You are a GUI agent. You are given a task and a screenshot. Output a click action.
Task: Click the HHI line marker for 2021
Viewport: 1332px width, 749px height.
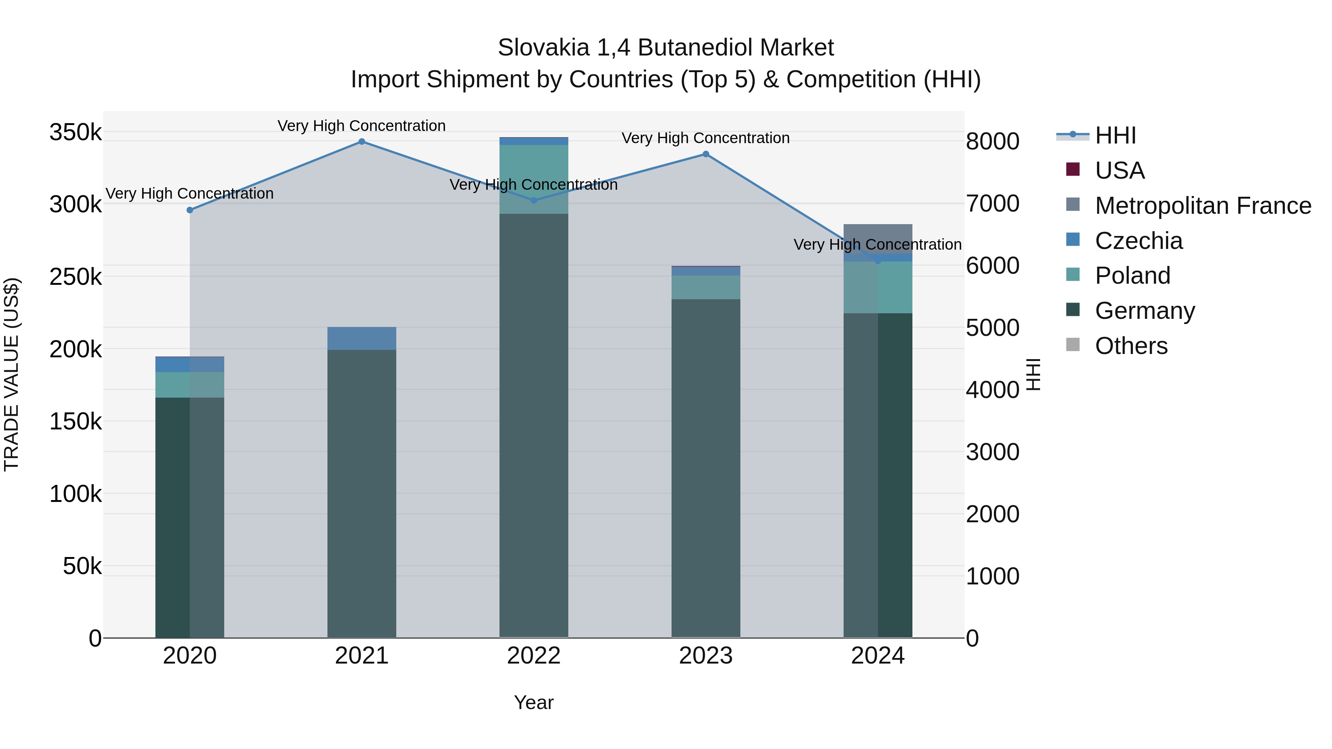point(361,142)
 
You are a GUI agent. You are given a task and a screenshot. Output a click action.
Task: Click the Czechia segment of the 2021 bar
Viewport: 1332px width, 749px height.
point(361,338)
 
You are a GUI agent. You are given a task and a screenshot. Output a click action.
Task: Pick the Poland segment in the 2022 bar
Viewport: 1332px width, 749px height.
point(534,179)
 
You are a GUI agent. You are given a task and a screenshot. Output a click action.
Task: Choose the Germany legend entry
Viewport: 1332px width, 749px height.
point(1144,311)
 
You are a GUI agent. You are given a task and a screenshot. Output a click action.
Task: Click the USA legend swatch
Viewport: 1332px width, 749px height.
point(1073,169)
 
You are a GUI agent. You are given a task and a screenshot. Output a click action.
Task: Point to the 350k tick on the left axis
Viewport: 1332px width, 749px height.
point(75,132)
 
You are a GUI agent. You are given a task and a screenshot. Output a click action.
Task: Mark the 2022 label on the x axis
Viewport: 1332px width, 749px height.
point(534,656)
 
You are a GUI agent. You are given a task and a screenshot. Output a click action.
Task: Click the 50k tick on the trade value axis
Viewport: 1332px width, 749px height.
point(82,567)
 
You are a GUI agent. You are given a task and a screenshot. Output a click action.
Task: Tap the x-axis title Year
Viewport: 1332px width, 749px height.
point(534,702)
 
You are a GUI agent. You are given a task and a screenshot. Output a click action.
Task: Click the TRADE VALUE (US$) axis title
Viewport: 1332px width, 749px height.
point(11,374)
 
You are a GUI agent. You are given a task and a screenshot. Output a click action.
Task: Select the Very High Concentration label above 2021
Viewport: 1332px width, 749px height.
point(361,126)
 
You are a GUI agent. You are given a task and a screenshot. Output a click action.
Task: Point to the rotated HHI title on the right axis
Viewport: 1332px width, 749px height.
point(1033,374)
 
